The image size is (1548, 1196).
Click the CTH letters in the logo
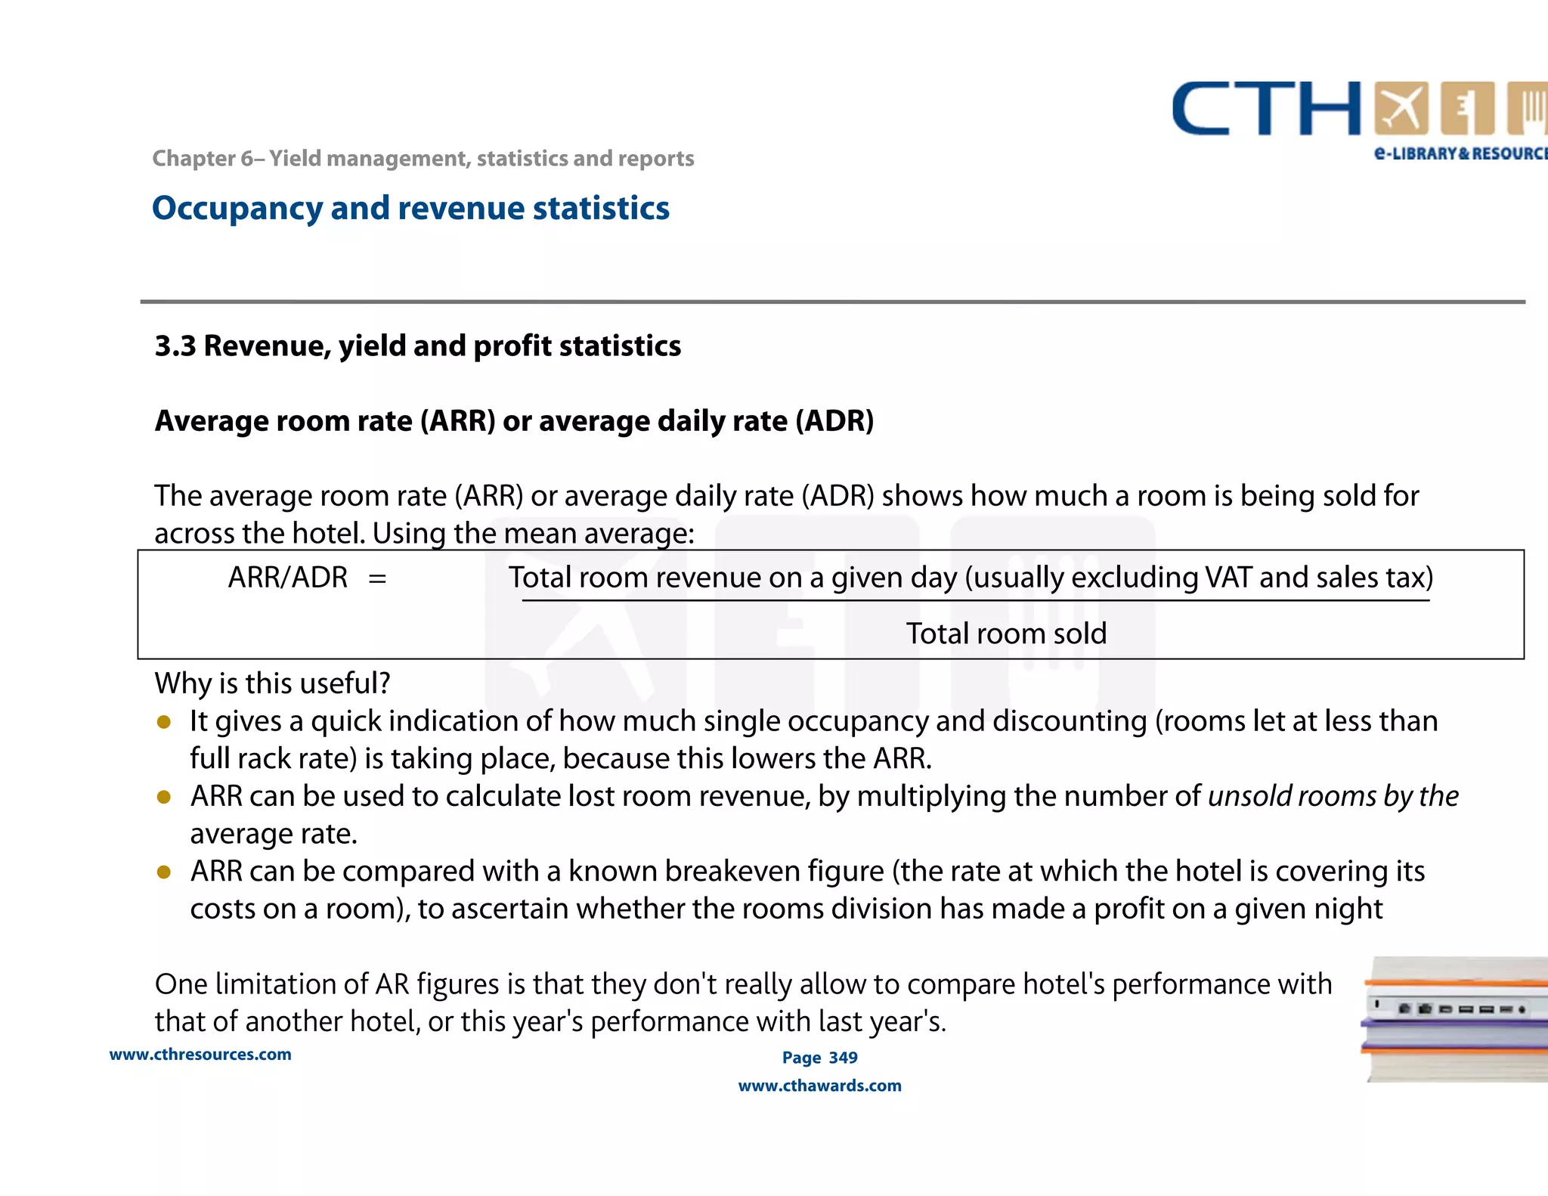click(1266, 110)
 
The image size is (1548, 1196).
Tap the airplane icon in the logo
click(1401, 109)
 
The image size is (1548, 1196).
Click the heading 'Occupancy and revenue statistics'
click(410, 209)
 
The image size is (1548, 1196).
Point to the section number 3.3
click(175, 346)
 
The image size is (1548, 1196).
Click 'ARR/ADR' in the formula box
click(288, 578)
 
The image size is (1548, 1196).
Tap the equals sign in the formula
click(377, 579)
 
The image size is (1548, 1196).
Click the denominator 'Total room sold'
click(1006, 634)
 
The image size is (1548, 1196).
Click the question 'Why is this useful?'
click(272, 683)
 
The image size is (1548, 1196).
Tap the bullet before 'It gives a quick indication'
click(164, 722)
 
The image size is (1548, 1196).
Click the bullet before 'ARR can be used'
click(164, 797)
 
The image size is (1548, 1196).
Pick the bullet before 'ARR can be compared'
click(164, 872)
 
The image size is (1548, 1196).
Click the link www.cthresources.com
click(200, 1055)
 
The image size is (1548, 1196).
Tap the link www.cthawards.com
click(819, 1086)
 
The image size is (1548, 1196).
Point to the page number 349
click(843, 1058)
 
